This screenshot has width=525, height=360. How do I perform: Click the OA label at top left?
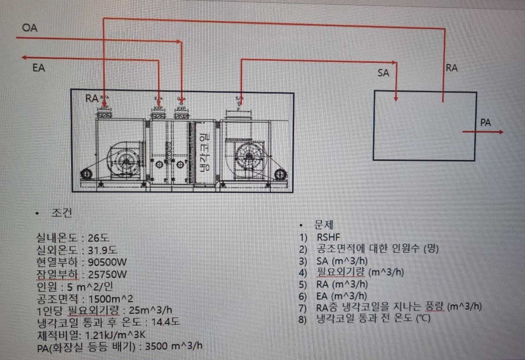(30, 28)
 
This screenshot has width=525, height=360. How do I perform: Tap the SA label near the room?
(383, 73)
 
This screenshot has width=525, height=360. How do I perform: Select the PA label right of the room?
(485, 123)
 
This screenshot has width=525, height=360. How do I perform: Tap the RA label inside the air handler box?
(92, 98)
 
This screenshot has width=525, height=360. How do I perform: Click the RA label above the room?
(451, 68)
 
